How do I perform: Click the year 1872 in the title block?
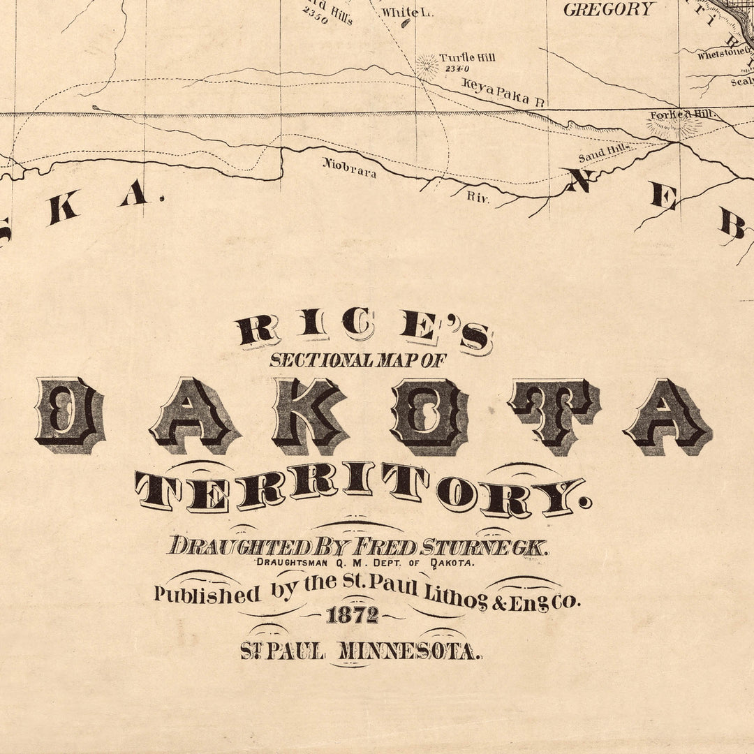click(x=352, y=615)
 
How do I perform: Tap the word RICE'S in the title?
click(x=363, y=331)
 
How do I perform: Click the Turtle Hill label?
click(x=467, y=57)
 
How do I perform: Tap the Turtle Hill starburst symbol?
click(x=427, y=66)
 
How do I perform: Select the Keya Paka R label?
click(x=503, y=92)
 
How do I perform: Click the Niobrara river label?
click(x=349, y=168)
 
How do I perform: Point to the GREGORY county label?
click(x=609, y=10)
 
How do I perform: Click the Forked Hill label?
click(x=675, y=115)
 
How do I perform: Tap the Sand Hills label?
click(x=606, y=151)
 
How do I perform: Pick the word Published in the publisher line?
click(x=207, y=595)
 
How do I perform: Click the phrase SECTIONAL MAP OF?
click(x=357, y=360)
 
